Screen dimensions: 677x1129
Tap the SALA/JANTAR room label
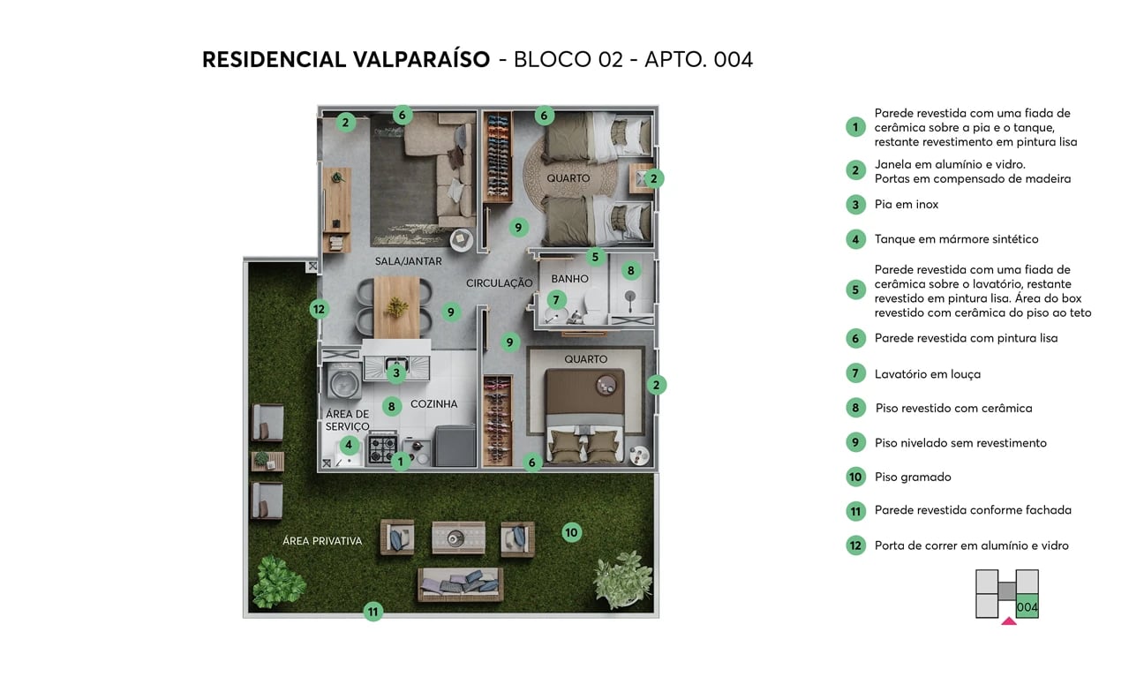click(x=408, y=261)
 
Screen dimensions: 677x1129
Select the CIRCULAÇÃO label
click(x=500, y=283)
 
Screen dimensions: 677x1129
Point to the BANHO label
click(x=570, y=279)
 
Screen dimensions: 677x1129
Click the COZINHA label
click(x=434, y=404)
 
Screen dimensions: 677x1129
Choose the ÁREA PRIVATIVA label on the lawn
click(x=322, y=541)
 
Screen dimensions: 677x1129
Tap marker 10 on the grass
click(x=572, y=532)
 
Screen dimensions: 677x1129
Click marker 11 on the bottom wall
click(x=373, y=611)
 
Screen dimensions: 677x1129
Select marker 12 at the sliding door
click(x=320, y=310)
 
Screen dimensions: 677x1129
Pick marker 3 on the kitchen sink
click(x=396, y=373)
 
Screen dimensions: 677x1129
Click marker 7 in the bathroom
click(x=556, y=300)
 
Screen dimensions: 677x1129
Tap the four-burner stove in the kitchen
click(x=383, y=448)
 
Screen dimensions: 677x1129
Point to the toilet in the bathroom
click(x=594, y=303)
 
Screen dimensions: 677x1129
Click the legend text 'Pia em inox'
click(x=906, y=205)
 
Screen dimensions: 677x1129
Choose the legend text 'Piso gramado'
click(x=913, y=478)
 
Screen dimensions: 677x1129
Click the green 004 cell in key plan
click(x=1027, y=606)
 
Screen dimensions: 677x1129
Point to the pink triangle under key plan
click(x=1009, y=621)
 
